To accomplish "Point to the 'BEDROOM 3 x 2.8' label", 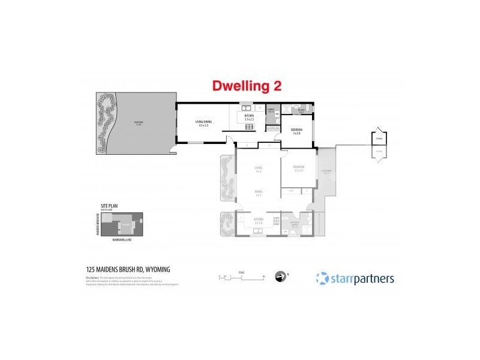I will coord(296,131).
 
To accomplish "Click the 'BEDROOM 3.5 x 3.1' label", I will coord(299,168).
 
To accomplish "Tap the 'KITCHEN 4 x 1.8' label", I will coord(259,222).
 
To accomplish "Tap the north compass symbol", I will coord(280,277).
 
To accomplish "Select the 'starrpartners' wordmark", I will coord(361,278).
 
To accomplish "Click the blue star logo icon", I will coord(322,278).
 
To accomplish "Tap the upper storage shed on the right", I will coord(378,137).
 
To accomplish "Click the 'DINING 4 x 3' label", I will coord(259,193).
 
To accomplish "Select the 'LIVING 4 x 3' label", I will coord(259,169).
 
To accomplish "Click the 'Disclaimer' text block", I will coord(129,282).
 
